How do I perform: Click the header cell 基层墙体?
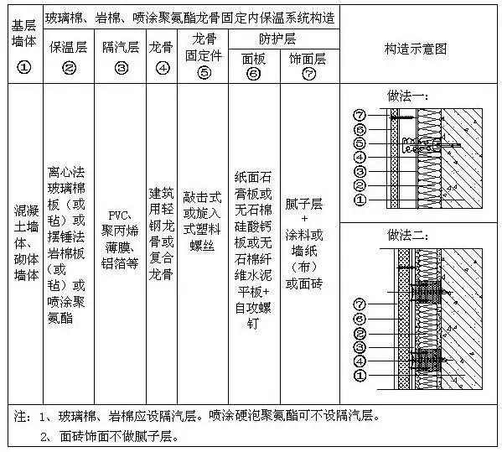coord(23,48)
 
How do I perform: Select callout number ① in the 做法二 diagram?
coord(360,375)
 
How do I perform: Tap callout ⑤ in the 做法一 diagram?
coord(360,143)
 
